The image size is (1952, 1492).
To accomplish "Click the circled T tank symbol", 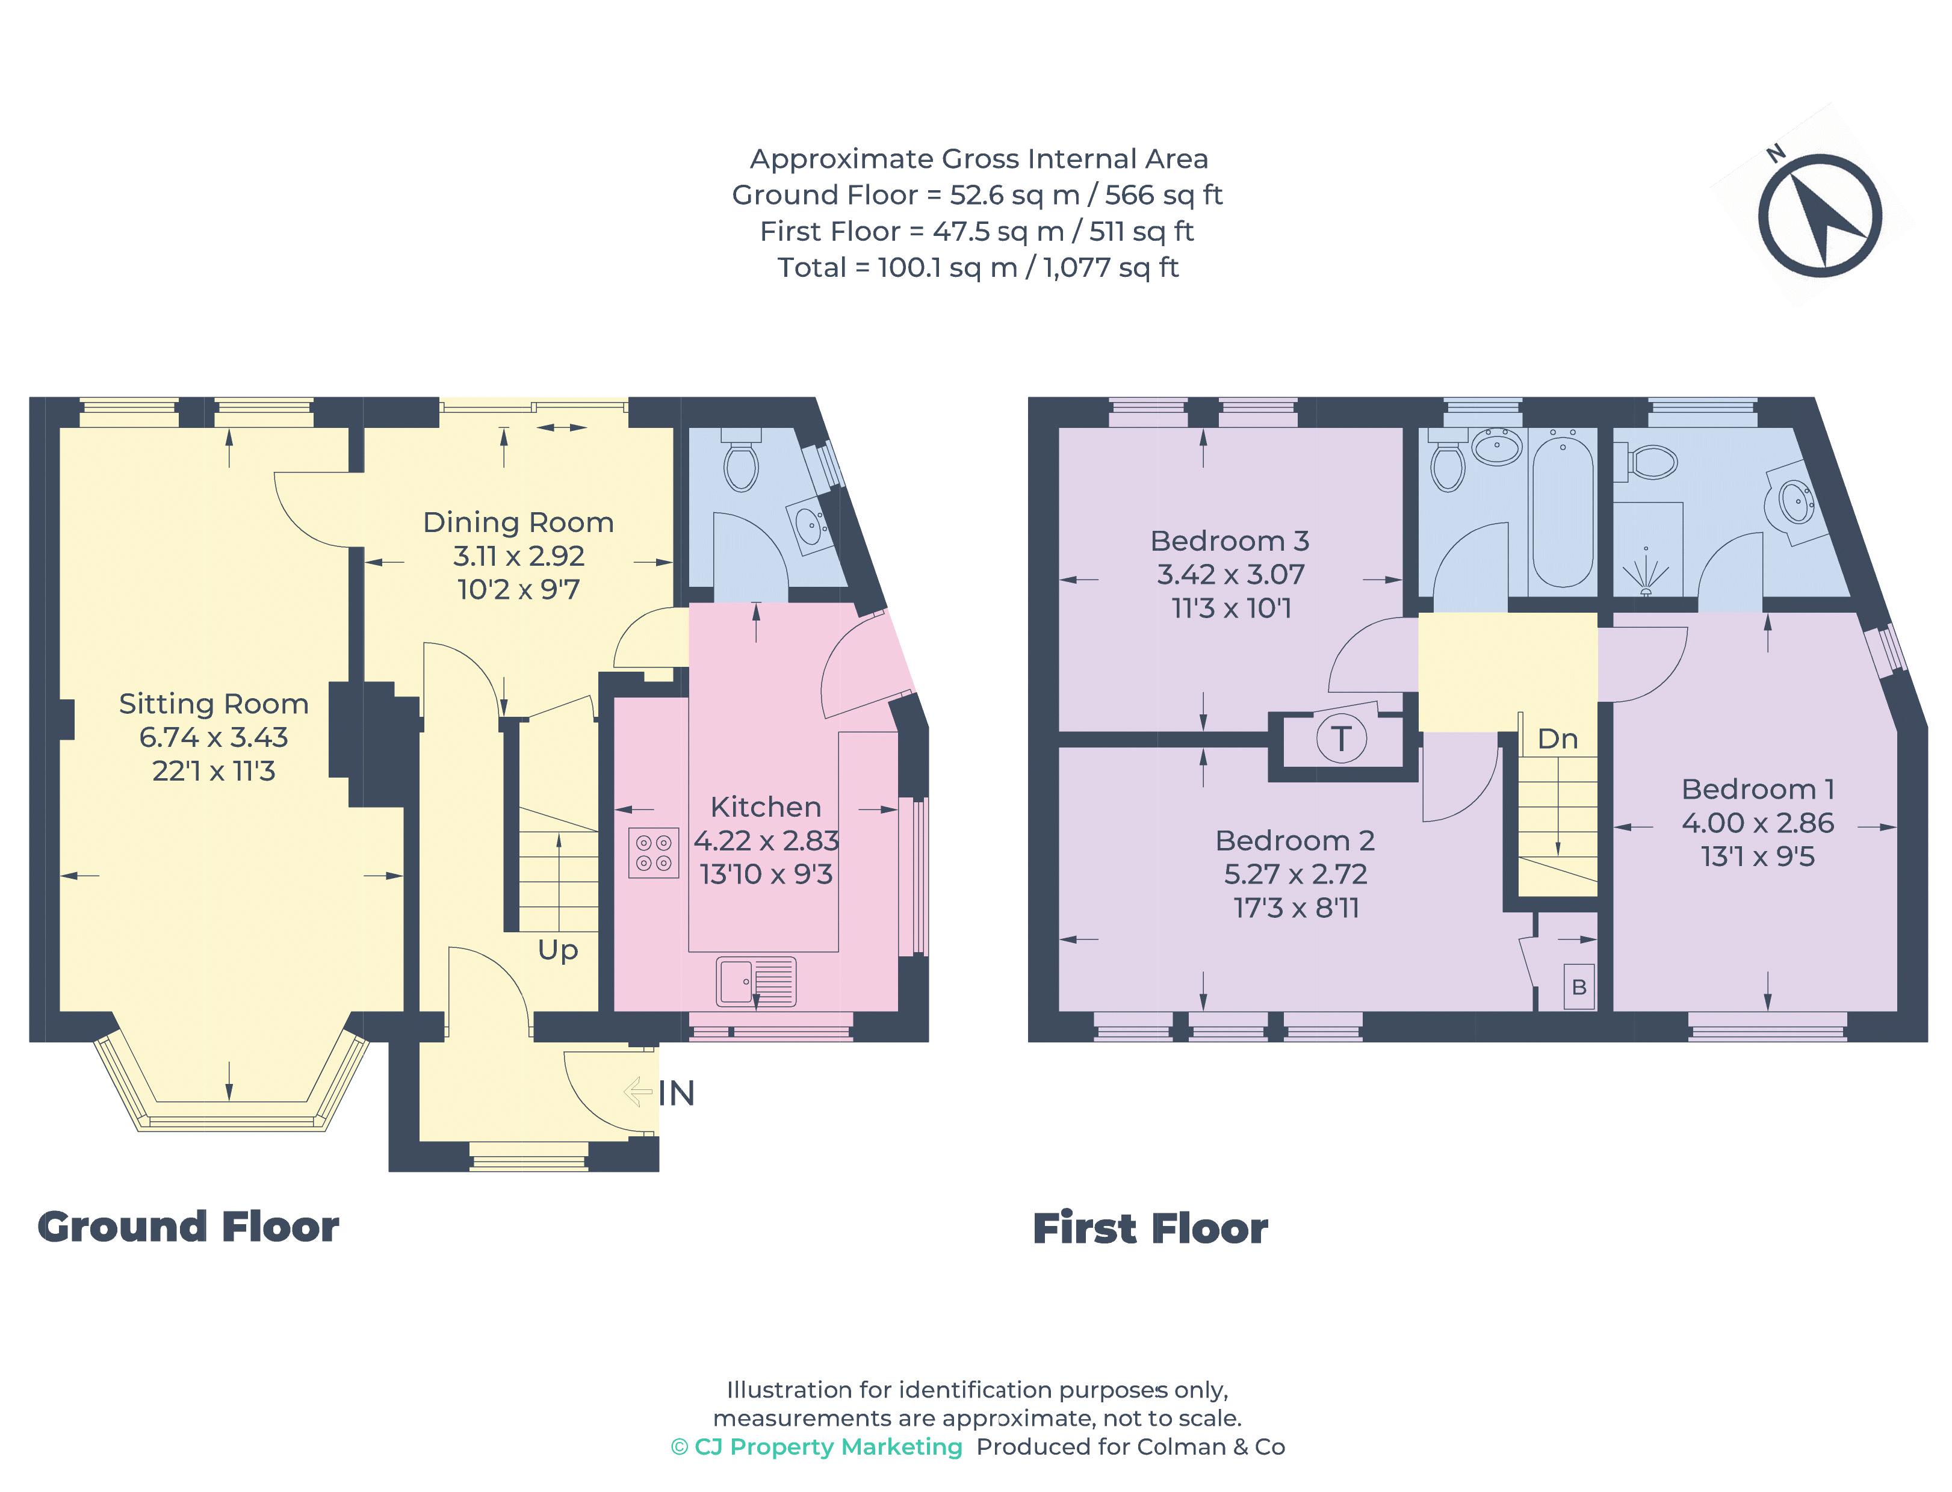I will pos(1340,738).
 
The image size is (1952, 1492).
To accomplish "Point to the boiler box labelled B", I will pos(1578,986).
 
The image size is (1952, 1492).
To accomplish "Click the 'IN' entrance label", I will pos(677,1093).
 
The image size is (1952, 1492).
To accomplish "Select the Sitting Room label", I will pos(214,704).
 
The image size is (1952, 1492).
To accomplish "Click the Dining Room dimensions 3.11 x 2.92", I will pos(519,556).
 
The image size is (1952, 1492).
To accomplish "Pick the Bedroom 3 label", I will pos(1229,541).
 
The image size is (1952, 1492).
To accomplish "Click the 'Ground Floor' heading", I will pos(188,1227).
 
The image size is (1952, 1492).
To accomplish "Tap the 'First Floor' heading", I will pos(1150,1228).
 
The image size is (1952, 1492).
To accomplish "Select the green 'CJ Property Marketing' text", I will pos(817,1447).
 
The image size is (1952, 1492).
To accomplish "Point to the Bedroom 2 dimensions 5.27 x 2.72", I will pos(1295,874).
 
